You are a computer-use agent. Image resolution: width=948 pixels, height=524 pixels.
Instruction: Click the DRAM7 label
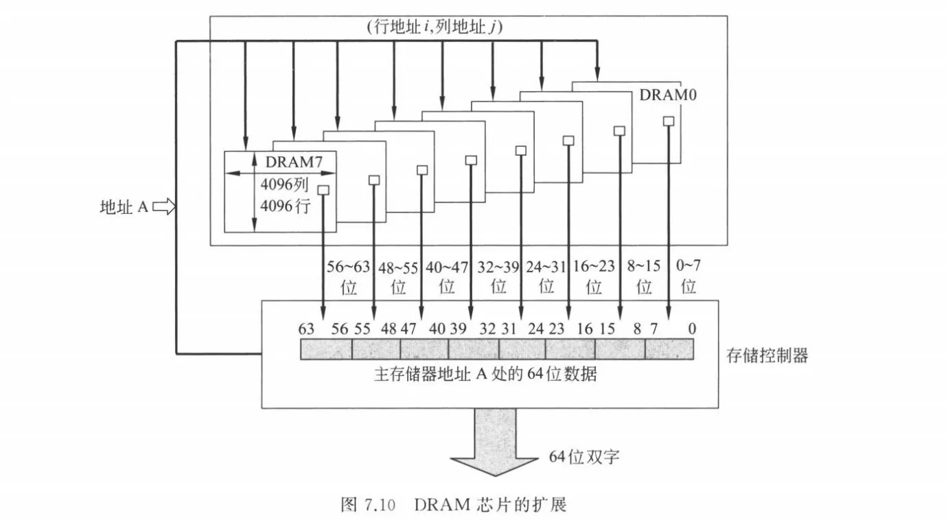tap(294, 162)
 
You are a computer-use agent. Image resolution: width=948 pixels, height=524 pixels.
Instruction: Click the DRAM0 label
tap(668, 95)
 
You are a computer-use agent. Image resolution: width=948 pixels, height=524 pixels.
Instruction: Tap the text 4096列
tap(284, 184)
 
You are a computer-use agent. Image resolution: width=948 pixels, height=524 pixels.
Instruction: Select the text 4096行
tap(286, 206)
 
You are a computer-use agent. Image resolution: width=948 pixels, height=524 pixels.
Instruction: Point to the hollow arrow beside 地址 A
tap(164, 207)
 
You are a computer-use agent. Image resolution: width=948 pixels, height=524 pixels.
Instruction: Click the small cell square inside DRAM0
tap(669, 121)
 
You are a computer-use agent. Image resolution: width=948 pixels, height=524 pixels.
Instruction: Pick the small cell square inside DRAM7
tap(323, 190)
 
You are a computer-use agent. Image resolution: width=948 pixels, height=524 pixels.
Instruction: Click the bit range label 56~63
tap(348, 267)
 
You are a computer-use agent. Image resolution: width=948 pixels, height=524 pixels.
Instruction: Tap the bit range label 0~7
tap(688, 265)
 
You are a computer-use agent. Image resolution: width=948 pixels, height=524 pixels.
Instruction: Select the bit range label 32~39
tap(498, 267)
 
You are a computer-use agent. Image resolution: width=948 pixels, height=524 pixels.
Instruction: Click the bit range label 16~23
tap(594, 266)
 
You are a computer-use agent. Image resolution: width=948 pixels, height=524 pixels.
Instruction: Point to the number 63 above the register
tap(306, 329)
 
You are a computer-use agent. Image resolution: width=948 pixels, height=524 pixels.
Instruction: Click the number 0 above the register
tap(692, 329)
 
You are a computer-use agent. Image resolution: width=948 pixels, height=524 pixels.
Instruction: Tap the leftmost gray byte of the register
tap(326, 349)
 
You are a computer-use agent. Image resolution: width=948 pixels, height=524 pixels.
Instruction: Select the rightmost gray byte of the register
tap(669, 349)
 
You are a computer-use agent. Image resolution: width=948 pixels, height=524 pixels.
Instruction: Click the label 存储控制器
tap(767, 355)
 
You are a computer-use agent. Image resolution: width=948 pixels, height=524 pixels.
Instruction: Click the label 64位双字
tap(584, 456)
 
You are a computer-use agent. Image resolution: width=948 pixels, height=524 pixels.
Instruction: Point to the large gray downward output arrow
tap(495, 442)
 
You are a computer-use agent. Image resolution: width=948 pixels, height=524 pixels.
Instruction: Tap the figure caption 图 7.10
tap(368, 505)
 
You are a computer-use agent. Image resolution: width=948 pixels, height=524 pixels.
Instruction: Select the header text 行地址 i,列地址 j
tap(435, 27)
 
